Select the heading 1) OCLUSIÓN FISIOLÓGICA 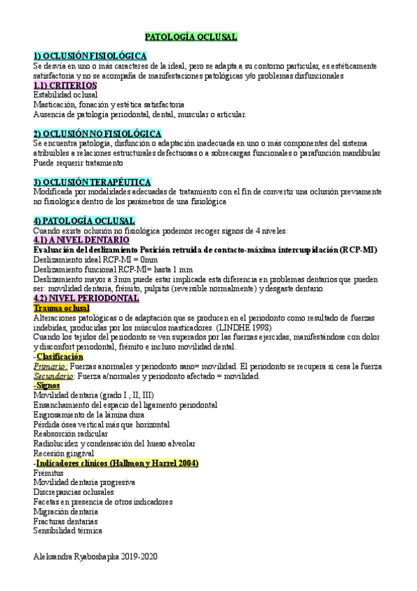90,55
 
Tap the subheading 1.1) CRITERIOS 65,85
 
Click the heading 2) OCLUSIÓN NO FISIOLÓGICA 97,133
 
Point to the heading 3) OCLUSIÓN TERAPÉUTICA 93,182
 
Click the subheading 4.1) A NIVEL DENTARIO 81,240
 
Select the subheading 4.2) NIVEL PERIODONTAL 86,298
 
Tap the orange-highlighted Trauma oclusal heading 61,307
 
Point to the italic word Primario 50,366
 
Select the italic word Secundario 54,376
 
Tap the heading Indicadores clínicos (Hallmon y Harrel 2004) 117,463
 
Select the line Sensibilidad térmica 68,530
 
